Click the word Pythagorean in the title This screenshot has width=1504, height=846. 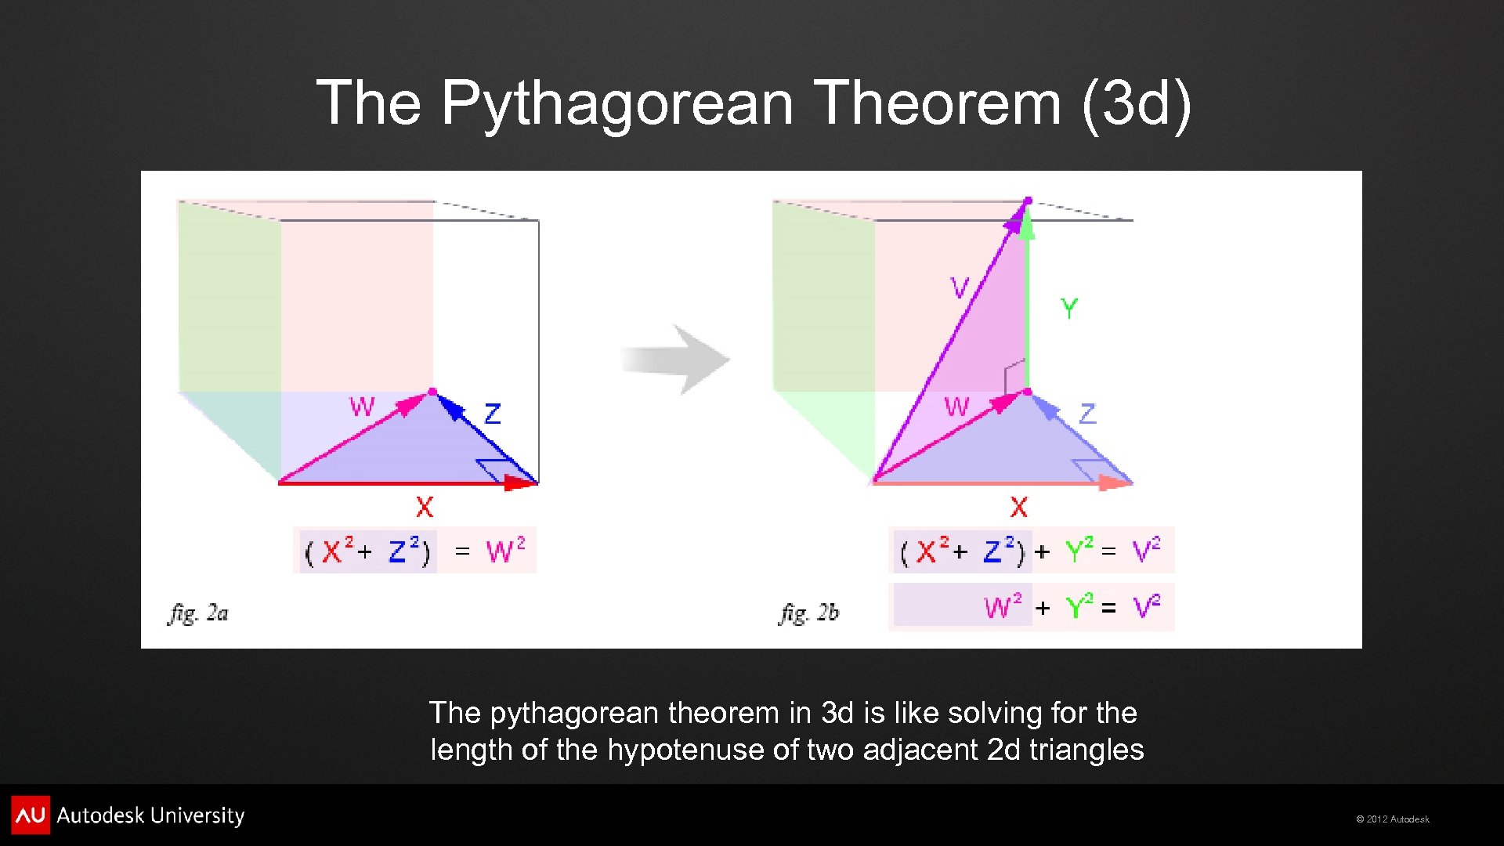click(x=617, y=103)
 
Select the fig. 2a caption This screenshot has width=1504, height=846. click(x=198, y=613)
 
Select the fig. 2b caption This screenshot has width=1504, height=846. click(x=808, y=613)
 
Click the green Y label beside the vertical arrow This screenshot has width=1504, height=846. click(x=1069, y=308)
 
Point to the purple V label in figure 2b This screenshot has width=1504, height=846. click(x=960, y=287)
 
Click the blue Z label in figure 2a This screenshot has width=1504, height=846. click(x=492, y=414)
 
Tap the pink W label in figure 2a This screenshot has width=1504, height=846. click(x=362, y=407)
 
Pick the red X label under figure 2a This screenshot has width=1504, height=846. click(x=424, y=508)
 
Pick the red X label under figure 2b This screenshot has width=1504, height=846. click(x=1018, y=508)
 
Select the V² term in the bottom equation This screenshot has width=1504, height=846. click(x=1146, y=606)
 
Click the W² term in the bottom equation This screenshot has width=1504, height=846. click(x=1003, y=606)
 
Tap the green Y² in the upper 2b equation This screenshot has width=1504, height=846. click(x=1079, y=551)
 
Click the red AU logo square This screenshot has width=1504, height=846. click(x=31, y=815)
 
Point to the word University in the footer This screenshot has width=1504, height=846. click(x=197, y=815)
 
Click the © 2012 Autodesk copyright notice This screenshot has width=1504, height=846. click(x=1392, y=819)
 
